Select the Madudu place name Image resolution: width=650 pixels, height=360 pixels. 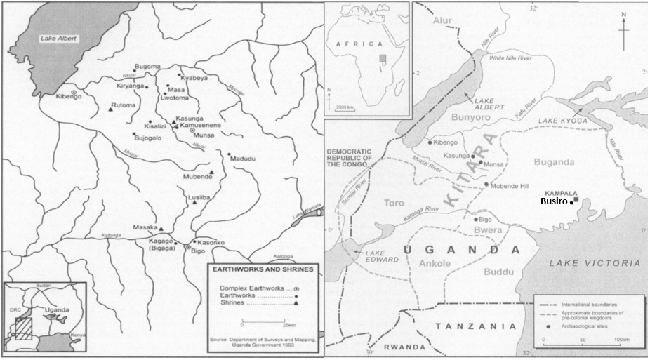[243, 159]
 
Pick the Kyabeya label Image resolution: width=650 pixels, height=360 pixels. [195, 78]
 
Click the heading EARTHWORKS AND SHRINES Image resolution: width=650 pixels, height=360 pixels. [259, 269]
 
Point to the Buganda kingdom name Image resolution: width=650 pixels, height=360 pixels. [555, 162]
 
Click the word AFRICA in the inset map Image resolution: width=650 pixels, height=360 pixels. [357, 44]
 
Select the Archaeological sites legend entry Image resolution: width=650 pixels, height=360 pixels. [580, 327]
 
